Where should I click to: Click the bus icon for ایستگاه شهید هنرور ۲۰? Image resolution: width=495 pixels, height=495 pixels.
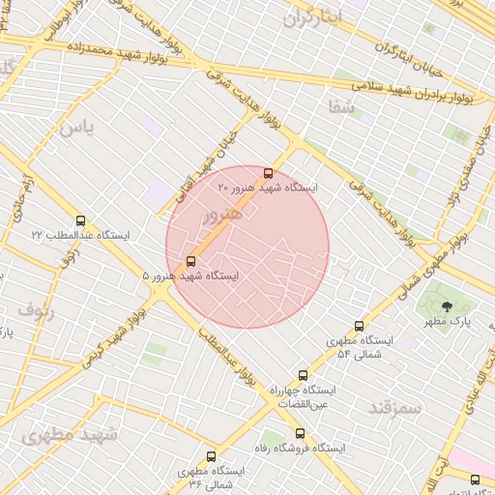point(268,174)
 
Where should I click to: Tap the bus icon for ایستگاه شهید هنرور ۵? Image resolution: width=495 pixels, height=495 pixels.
point(190,261)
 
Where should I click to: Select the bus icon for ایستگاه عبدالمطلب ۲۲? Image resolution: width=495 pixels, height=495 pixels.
point(79,220)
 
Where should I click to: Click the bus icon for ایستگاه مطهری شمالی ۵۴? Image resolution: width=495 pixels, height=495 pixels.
point(360,327)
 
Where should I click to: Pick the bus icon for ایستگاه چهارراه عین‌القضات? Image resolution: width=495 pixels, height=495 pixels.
point(303,375)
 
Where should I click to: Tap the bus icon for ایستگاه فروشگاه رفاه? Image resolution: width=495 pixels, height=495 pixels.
point(300,433)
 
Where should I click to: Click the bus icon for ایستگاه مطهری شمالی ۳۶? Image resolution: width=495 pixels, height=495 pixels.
point(211,456)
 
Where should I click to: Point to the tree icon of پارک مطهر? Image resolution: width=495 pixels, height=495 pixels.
point(446,307)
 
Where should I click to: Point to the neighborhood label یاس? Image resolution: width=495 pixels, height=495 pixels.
point(76,128)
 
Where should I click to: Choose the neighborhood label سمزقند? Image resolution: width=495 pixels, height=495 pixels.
point(395,407)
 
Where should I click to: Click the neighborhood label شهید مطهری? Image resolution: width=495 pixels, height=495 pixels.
point(69,434)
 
